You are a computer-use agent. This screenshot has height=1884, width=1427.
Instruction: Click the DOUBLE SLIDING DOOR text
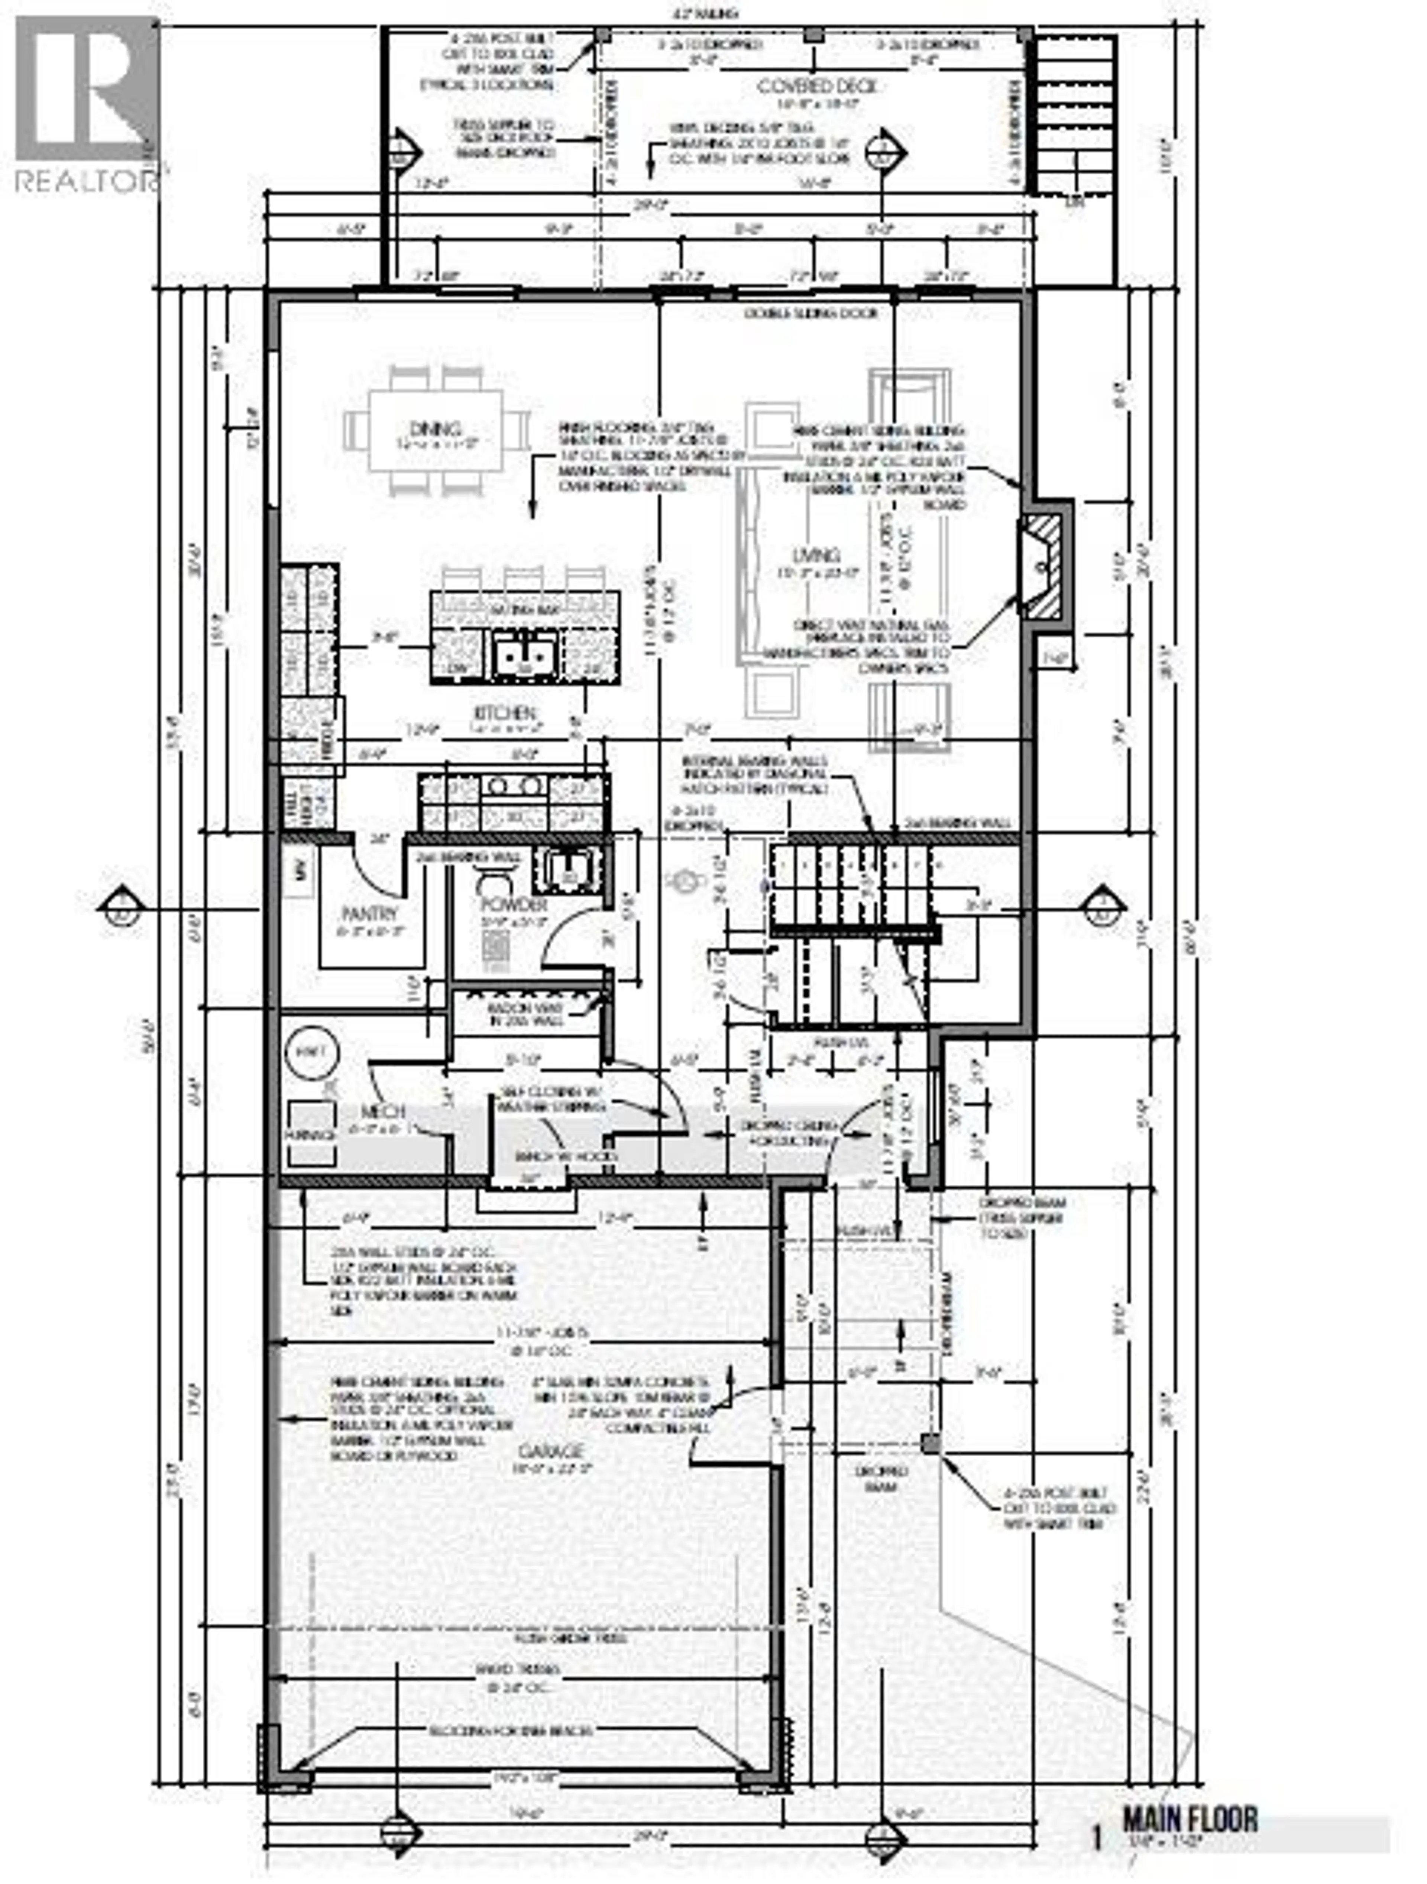pos(811,313)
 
